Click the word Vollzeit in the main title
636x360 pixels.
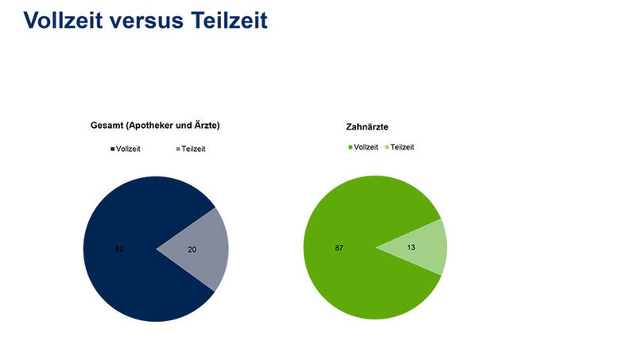pyautogui.click(x=63, y=20)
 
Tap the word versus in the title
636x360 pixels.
pyautogui.click(x=146, y=21)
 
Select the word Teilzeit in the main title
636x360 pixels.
pyautogui.click(x=229, y=20)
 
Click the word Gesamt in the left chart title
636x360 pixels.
pyautogui.click(x=107, y=126)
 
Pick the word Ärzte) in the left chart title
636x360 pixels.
pyautogui.click(x=207, y=126)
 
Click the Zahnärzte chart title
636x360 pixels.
pyautogui.click(x=367, y=127)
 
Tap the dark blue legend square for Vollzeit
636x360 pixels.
pyautogui.click(x=113, y=149)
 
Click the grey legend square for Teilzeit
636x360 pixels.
pyautogui.click(x=178, y=149)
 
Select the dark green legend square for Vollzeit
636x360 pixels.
pyautogui.click(x=351, y=148)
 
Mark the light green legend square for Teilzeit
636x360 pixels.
pyautogui.click(x=387, y=148)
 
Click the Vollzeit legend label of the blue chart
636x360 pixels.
pyautogui.click(x=128, y=149)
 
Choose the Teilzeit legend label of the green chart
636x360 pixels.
pyautogui.click(x=402, y=148)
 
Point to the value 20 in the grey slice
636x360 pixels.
pyautogui.click(x=192, y=250)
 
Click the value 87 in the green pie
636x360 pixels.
pyautogui.click(x=339, y=248)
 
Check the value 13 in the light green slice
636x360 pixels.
pyautogui.click(x=411, y=247)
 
